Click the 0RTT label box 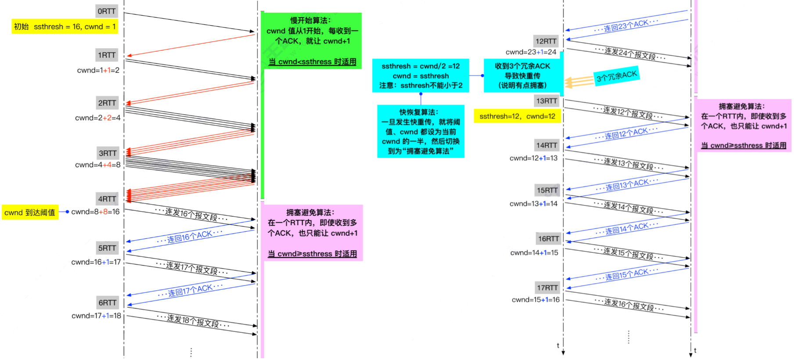coord(107,11)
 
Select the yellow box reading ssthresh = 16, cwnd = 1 coord(65,27)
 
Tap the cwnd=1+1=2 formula coord(98,70)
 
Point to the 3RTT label coord(108,153)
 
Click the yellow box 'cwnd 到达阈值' coord(30,212)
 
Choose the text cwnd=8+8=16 coord(95,212)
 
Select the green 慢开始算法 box coord(312,40)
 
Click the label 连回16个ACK coord(190,237)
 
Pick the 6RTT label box coord(108,302)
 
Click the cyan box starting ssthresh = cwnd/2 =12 coord(421,76)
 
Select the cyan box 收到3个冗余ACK coord(522,76)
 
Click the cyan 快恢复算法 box coord(421,131)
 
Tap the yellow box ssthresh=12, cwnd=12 coord(517,116)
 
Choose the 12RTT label coord(546,41)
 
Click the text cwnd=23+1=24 coord(531,52)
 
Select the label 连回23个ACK coord(626,26)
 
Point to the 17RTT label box coord(547,288)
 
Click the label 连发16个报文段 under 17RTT coord(629,305)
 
